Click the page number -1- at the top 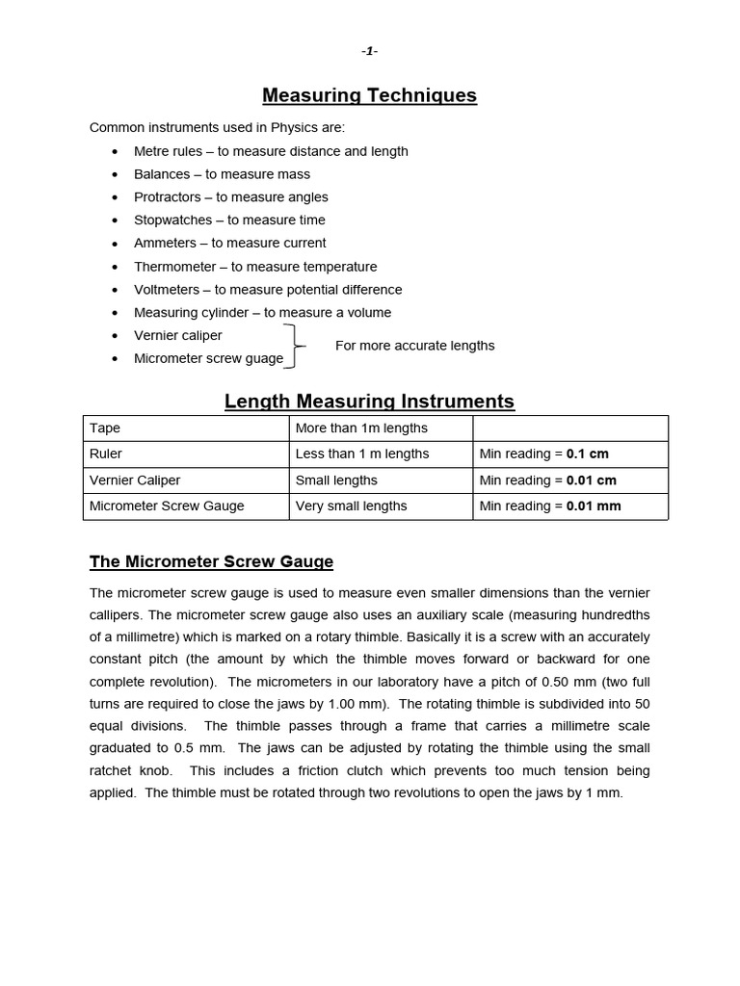tap(370, 52)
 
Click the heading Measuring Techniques tap(370, 95)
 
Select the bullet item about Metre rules tap(271, 151)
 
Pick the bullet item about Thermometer tap(255, 267)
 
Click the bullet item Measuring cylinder tap(262, 313)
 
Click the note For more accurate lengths tap(414, 346)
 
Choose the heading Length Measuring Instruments tap(370, 402)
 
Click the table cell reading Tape tap(105, 428)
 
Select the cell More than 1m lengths tap(361, 428)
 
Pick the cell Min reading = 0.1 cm tap(543, 454)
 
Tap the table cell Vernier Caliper tap(135, 480)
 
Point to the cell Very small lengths tap(351, 506)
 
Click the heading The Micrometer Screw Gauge tap(211, 561)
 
